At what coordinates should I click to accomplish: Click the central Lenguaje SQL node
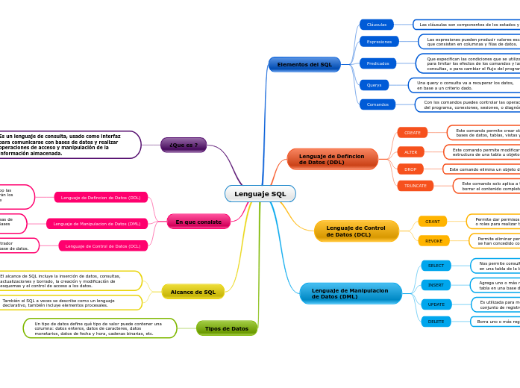point(260,194)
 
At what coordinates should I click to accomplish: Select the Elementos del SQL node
point(304,65)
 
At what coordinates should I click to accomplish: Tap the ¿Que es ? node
point(184,145)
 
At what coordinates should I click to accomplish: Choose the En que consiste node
point(198,222)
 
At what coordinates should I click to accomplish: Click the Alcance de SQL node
point(192,292)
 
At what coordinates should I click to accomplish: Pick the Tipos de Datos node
point(227,328)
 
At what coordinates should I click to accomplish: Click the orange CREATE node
point(412,133)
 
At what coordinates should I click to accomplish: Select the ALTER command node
point(410,151)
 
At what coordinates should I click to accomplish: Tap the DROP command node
point(410,169)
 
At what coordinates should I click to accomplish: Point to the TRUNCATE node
point(415,186)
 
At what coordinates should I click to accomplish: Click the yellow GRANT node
point(433,222)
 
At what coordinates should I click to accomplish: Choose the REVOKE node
point(433,240)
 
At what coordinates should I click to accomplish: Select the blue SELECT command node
point(436,266)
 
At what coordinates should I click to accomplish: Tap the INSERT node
point(436,285)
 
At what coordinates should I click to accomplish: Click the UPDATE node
point(436,304)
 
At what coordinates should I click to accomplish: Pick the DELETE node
point(436,322)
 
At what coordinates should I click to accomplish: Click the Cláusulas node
point(377,25)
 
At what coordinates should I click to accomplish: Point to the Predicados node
point(378,63)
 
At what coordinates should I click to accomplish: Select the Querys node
point(374,85)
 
